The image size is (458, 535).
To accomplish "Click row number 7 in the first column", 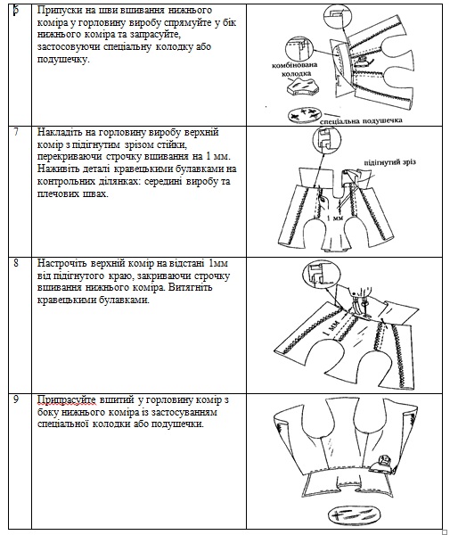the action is point(16,132).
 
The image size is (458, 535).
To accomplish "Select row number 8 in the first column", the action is point(16,263).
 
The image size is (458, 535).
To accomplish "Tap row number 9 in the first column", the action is point(16,399).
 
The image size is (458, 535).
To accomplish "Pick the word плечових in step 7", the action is point(57,193).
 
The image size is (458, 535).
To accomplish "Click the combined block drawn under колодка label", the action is point(302,86).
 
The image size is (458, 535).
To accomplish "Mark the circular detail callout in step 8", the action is point(322,276).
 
